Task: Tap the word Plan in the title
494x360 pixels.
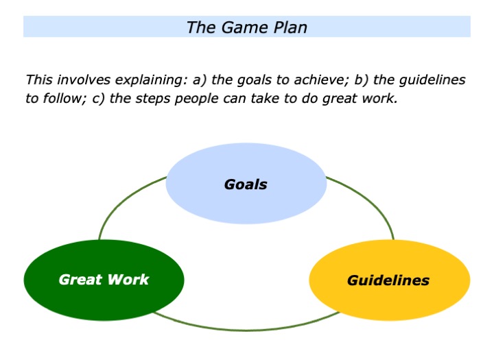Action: point(289,27)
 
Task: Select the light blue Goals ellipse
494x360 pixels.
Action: point(246,184)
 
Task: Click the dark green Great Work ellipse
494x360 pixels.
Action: point(104,280)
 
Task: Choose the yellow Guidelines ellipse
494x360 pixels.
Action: point(389,280)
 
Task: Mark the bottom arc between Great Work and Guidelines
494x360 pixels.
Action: point(247,330)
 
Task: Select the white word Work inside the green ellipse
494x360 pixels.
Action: point(130,280)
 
